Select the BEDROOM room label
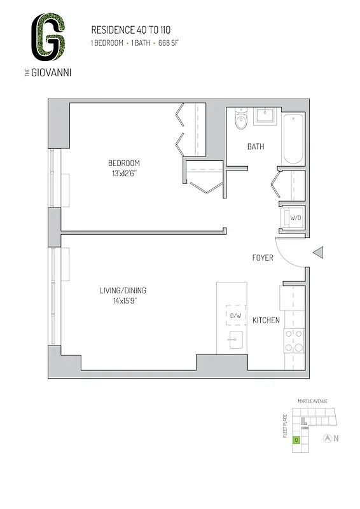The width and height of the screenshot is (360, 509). (123, 163)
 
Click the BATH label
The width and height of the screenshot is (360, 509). (256, 147)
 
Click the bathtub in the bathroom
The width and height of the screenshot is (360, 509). (293, 139)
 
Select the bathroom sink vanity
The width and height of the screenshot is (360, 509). (265, 117)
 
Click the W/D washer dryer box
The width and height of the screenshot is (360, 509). (295, 218)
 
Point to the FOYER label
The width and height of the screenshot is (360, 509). (263, 258)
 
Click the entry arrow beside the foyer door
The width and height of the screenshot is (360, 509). (320, 253)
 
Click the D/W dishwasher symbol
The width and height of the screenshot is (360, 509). (235, 316)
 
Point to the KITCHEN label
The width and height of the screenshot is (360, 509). (266, 320)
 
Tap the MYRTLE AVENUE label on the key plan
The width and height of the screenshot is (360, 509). (312, 401)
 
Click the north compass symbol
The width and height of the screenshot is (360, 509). (327, 438)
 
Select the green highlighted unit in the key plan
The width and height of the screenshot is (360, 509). (296, 440)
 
